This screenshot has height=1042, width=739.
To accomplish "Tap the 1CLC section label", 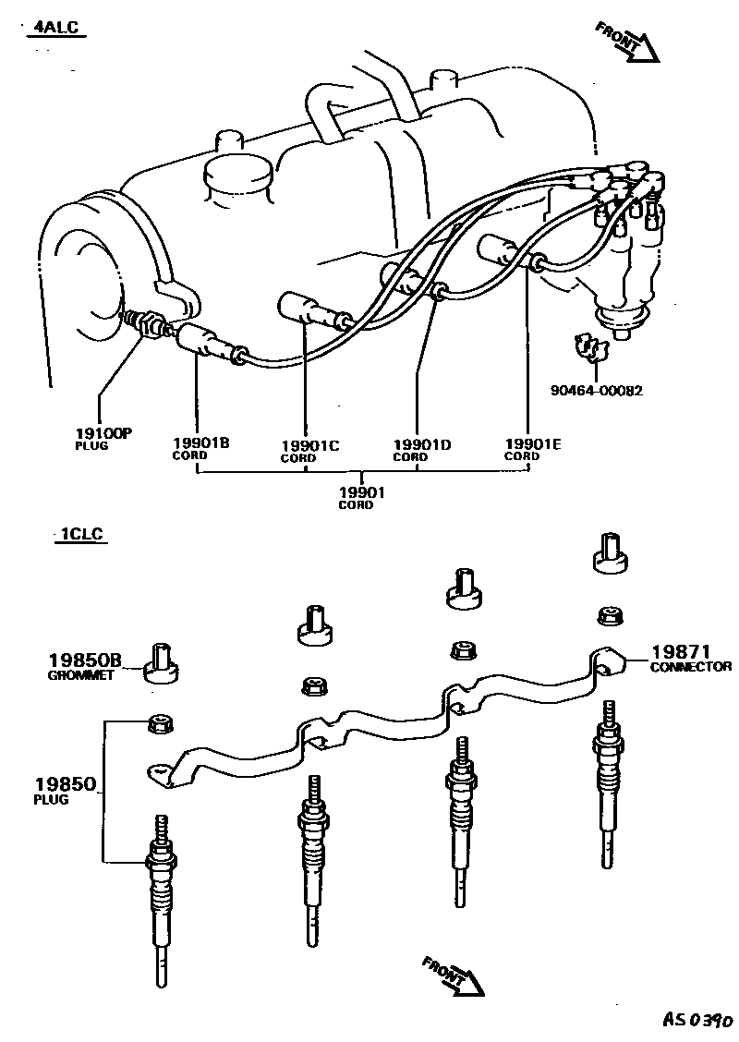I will (80, 534).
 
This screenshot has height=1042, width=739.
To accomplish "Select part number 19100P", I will (103, 432).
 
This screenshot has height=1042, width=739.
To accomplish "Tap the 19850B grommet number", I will (85, 660).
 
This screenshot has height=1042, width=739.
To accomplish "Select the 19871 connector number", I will (678, 652).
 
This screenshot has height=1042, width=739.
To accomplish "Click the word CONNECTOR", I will (690, 667).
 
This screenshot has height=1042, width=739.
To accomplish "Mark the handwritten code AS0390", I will (697, 1020).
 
